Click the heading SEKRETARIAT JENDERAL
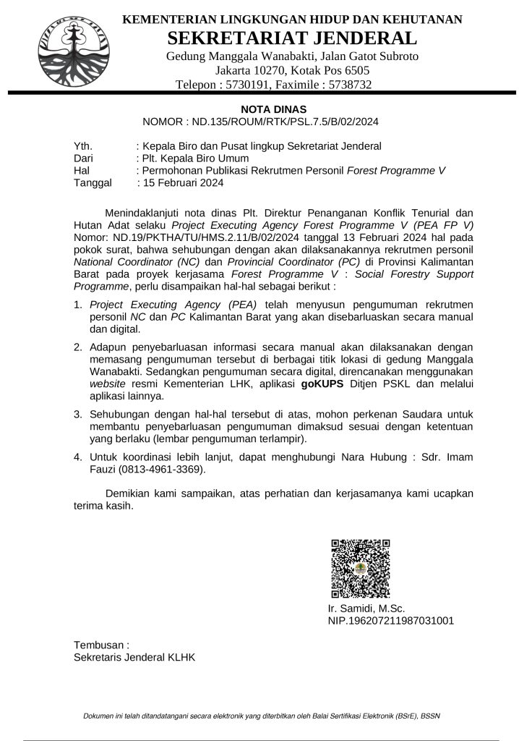[292, 38]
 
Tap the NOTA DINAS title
[263, 109]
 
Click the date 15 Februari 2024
[183, 183]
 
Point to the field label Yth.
[84, 146]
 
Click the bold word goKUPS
[322, 384]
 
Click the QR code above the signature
[360, 568]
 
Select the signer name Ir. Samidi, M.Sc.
[366, 608]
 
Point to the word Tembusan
[100, 644]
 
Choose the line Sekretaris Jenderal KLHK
[134, 657]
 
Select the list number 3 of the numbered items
[78, 414]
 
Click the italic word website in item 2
[108, 384]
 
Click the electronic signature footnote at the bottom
[262, 716]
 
